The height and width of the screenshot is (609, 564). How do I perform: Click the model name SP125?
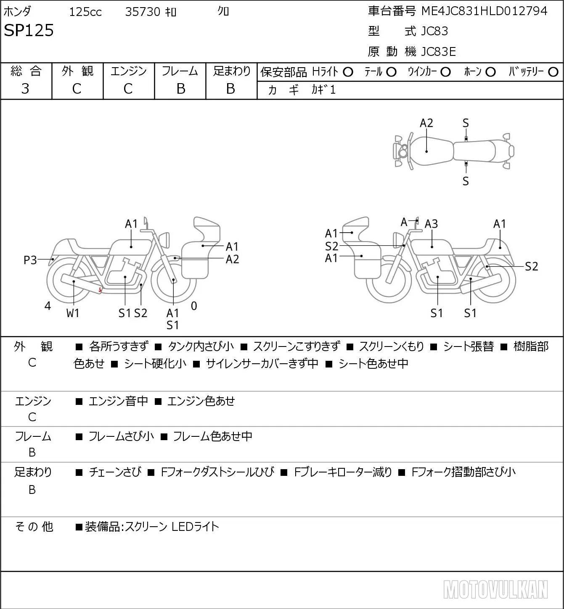[x=29, y=30]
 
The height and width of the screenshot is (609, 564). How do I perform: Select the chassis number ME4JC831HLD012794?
[x=484, y=11]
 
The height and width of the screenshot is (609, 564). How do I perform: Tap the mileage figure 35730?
[x=143, y=12]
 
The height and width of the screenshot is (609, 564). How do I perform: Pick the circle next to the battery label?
[x=553, y=72]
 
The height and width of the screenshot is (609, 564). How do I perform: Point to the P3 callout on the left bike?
[x=30, y=260]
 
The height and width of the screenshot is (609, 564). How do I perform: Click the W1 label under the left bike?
[x=73, y=313]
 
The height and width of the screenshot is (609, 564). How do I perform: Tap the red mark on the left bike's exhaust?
[x=100, y=289]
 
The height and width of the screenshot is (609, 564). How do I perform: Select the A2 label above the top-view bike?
[x=426, y=123]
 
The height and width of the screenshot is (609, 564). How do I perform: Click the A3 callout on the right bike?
[x=431, y=224]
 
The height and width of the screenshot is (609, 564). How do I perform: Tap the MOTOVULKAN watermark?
[x=495, y=589]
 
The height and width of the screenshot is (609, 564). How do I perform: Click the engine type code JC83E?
[x=438, y=52]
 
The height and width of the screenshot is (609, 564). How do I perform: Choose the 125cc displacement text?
[x=85, y=12]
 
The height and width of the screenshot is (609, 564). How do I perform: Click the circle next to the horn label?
[x=490, y=72]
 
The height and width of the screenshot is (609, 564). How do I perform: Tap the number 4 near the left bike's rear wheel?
[x=48, y=306]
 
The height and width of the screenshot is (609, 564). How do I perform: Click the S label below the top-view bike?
[x=466, y=181]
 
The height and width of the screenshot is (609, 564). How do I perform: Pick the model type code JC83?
[x=435, y=31]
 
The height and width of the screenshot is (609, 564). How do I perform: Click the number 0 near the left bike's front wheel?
[x=194, y=306]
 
